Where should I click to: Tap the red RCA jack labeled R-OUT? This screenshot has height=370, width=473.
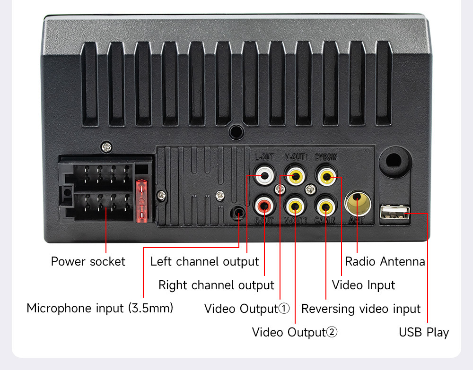coord(263,206)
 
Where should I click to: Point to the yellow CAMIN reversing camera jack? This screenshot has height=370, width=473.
coord(326,206)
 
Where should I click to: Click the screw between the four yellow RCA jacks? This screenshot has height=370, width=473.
coord(310,189)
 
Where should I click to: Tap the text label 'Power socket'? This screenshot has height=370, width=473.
coord(88,261)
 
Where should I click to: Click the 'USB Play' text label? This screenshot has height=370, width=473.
coord(424,332)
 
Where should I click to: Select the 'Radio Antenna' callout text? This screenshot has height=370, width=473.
coord(385,261)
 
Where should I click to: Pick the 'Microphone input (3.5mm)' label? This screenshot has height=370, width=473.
coord(100,309)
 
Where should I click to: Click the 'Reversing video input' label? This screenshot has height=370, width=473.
coord(361,309)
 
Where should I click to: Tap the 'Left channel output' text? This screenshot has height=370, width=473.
coord(204,261)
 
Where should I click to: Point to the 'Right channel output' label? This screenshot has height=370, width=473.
coord(216,285)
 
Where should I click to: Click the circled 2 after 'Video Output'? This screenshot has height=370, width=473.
coord(332,332)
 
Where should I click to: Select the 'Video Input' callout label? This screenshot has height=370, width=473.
coord(363,285)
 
